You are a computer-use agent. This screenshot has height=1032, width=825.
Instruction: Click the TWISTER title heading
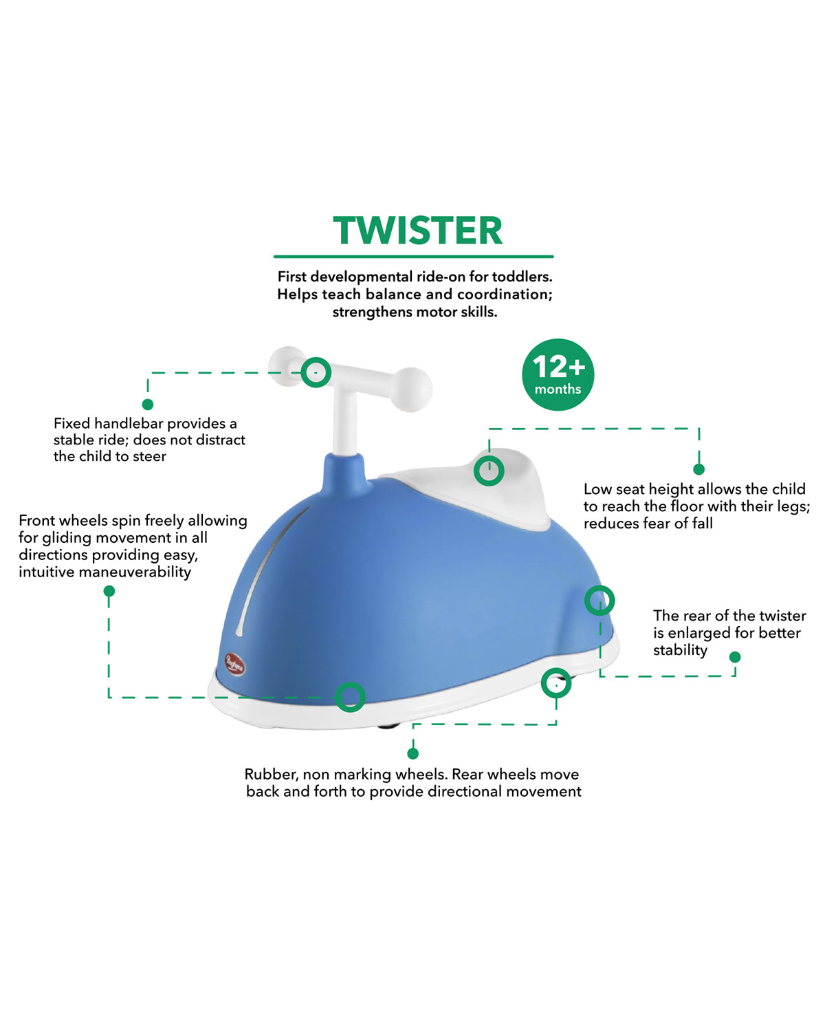point(417,231)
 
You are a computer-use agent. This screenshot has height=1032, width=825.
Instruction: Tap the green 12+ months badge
point(558,375)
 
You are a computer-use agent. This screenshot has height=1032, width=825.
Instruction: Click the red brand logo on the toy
point(234,665)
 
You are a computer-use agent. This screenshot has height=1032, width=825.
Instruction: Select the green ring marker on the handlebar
point(316,372)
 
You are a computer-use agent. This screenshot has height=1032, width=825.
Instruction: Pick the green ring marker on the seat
point(489,471)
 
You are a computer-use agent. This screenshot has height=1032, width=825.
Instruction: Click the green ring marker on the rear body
point(599,601)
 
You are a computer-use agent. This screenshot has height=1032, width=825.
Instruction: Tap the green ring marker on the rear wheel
point(555,683)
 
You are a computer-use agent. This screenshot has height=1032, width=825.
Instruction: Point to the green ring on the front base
point(350,697)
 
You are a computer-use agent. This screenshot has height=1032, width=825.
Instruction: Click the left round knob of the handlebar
point(286,365)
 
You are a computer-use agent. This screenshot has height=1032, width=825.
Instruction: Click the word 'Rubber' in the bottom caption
point(270,775)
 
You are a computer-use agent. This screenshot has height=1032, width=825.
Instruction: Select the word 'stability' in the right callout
point(680,650)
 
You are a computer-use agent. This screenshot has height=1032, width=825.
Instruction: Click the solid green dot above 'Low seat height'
point(698,469)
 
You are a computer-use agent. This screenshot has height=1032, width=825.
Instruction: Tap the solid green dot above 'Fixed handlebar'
point(147,405)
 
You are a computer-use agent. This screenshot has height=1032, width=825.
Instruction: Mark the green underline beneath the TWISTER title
point(413,257)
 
